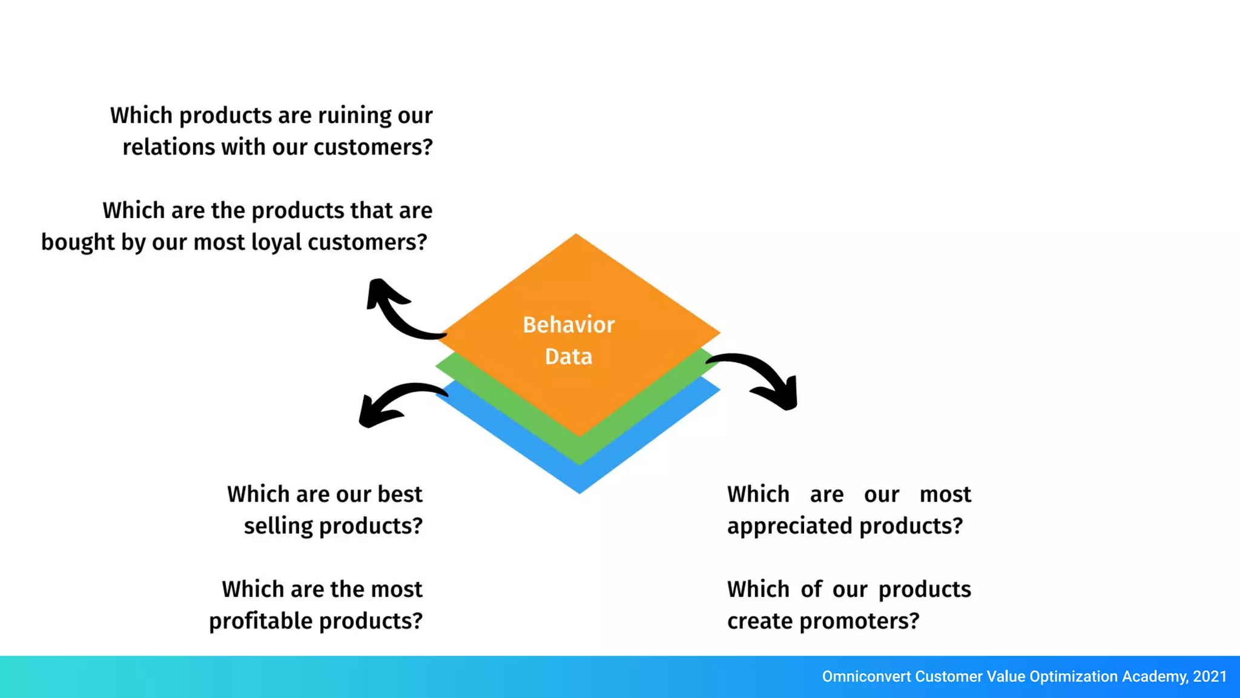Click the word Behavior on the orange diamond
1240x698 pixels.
pos(569,325)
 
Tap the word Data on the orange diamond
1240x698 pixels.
pos(568,356)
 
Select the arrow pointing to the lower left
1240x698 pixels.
pos(394,402)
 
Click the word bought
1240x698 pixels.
pos(77,242)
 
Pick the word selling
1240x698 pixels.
pos(278,526)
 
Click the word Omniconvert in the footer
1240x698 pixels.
pos(866,677)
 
